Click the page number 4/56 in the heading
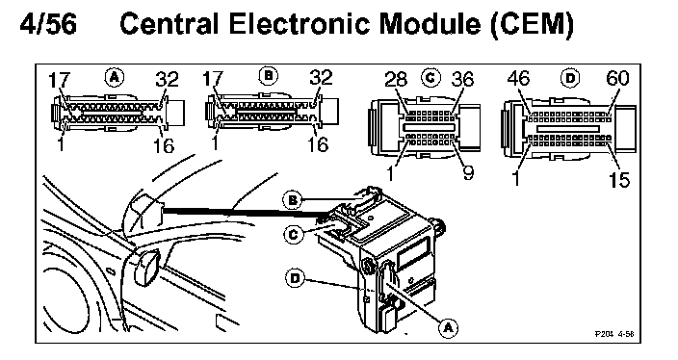48,23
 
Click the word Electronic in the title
299,23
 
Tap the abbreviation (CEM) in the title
533,24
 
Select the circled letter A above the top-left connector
115,77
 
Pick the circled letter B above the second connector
269,76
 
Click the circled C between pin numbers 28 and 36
430,77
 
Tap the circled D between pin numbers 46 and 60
570,78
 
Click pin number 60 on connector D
618,78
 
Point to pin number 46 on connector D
519,78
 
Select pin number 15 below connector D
619,179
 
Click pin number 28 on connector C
396,79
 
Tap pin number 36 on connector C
462,79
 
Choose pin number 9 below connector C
468,172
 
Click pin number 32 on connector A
168,79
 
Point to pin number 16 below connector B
318,144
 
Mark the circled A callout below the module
448,327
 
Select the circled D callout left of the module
295,278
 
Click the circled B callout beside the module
293,200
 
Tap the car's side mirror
146,268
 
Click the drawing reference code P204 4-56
614,334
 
